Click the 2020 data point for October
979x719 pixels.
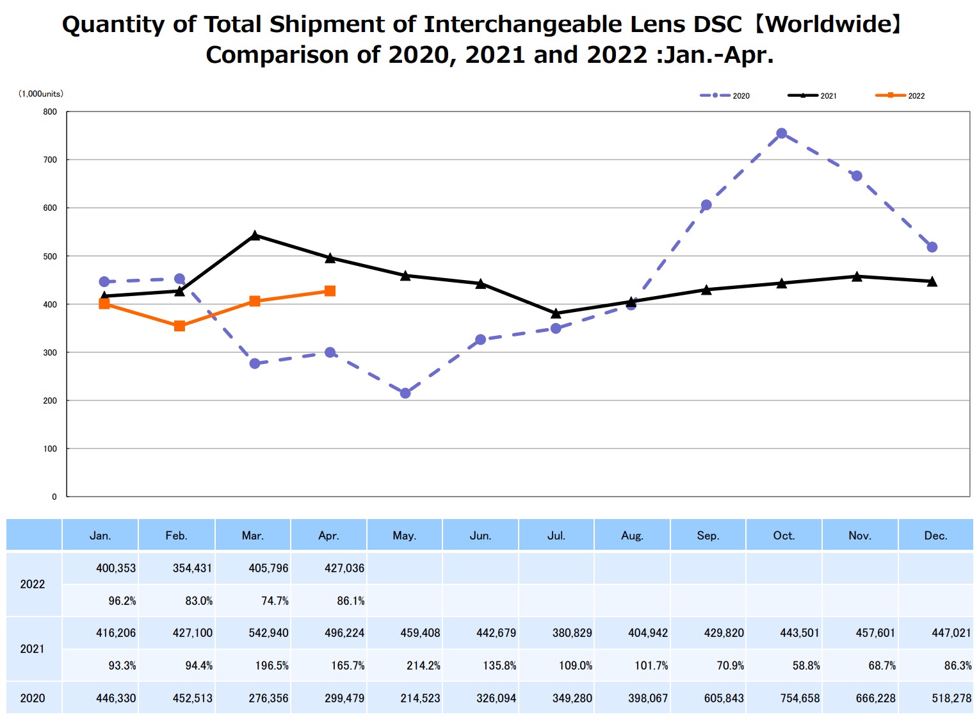[781, 133]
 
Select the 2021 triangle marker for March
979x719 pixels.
[255, 235]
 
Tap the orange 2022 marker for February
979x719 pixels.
[179, 326]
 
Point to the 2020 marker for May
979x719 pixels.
[405, 393]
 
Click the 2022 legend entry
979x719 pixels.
[900, 95]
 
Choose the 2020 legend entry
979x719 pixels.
[725, 95]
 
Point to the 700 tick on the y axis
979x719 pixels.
[50, 160]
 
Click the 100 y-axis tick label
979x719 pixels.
[50, 449]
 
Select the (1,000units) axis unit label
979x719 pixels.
[41, 94]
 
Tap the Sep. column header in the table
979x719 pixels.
[708, 536]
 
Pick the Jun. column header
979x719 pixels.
[480, 536]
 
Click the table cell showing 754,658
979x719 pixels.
[800, 698]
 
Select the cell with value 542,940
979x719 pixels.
[268, 633]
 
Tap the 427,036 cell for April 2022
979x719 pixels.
[344, 568]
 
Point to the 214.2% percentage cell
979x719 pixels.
[423, 666]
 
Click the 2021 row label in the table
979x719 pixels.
[33, 649]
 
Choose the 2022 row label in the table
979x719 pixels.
[33, 584]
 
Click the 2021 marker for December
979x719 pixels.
[932, 281]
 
